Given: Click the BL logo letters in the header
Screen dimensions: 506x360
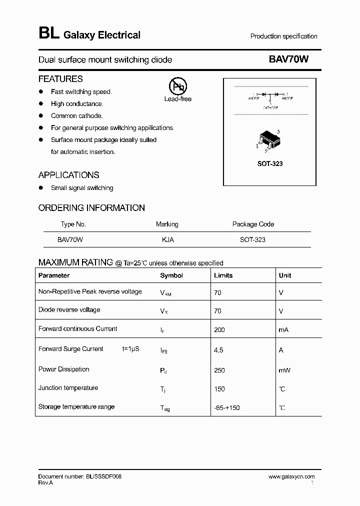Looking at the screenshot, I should pos(48,33).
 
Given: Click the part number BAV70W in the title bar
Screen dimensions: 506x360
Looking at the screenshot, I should pos(288,59).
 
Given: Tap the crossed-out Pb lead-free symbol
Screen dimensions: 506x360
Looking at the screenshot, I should pos(178,87).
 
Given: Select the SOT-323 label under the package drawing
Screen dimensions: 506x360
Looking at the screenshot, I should pos(270,164).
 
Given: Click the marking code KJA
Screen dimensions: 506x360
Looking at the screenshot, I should pos(167,239).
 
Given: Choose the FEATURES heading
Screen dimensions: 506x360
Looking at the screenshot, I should pos(60,79).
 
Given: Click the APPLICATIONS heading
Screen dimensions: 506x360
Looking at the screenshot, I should pos(69,175).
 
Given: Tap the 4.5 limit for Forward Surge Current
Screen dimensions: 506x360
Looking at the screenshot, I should pos(218,350).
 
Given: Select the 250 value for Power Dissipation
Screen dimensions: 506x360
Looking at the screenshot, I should pos(219,370).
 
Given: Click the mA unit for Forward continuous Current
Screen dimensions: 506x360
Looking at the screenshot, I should pos(283,330).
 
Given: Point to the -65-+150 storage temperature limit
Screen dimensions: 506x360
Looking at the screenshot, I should pos(227,407).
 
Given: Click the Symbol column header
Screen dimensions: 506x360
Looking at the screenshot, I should pos(171,275).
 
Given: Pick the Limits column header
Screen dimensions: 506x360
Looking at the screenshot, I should pos(223,275).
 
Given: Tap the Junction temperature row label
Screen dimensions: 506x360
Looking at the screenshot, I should pos(68,388).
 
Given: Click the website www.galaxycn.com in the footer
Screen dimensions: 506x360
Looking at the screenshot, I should pos(291,477).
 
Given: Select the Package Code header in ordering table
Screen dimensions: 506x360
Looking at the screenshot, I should pos(253,224).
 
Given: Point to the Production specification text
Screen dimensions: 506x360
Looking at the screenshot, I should pos(283,36).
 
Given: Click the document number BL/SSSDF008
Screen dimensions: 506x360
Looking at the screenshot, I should pos(80,477).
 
